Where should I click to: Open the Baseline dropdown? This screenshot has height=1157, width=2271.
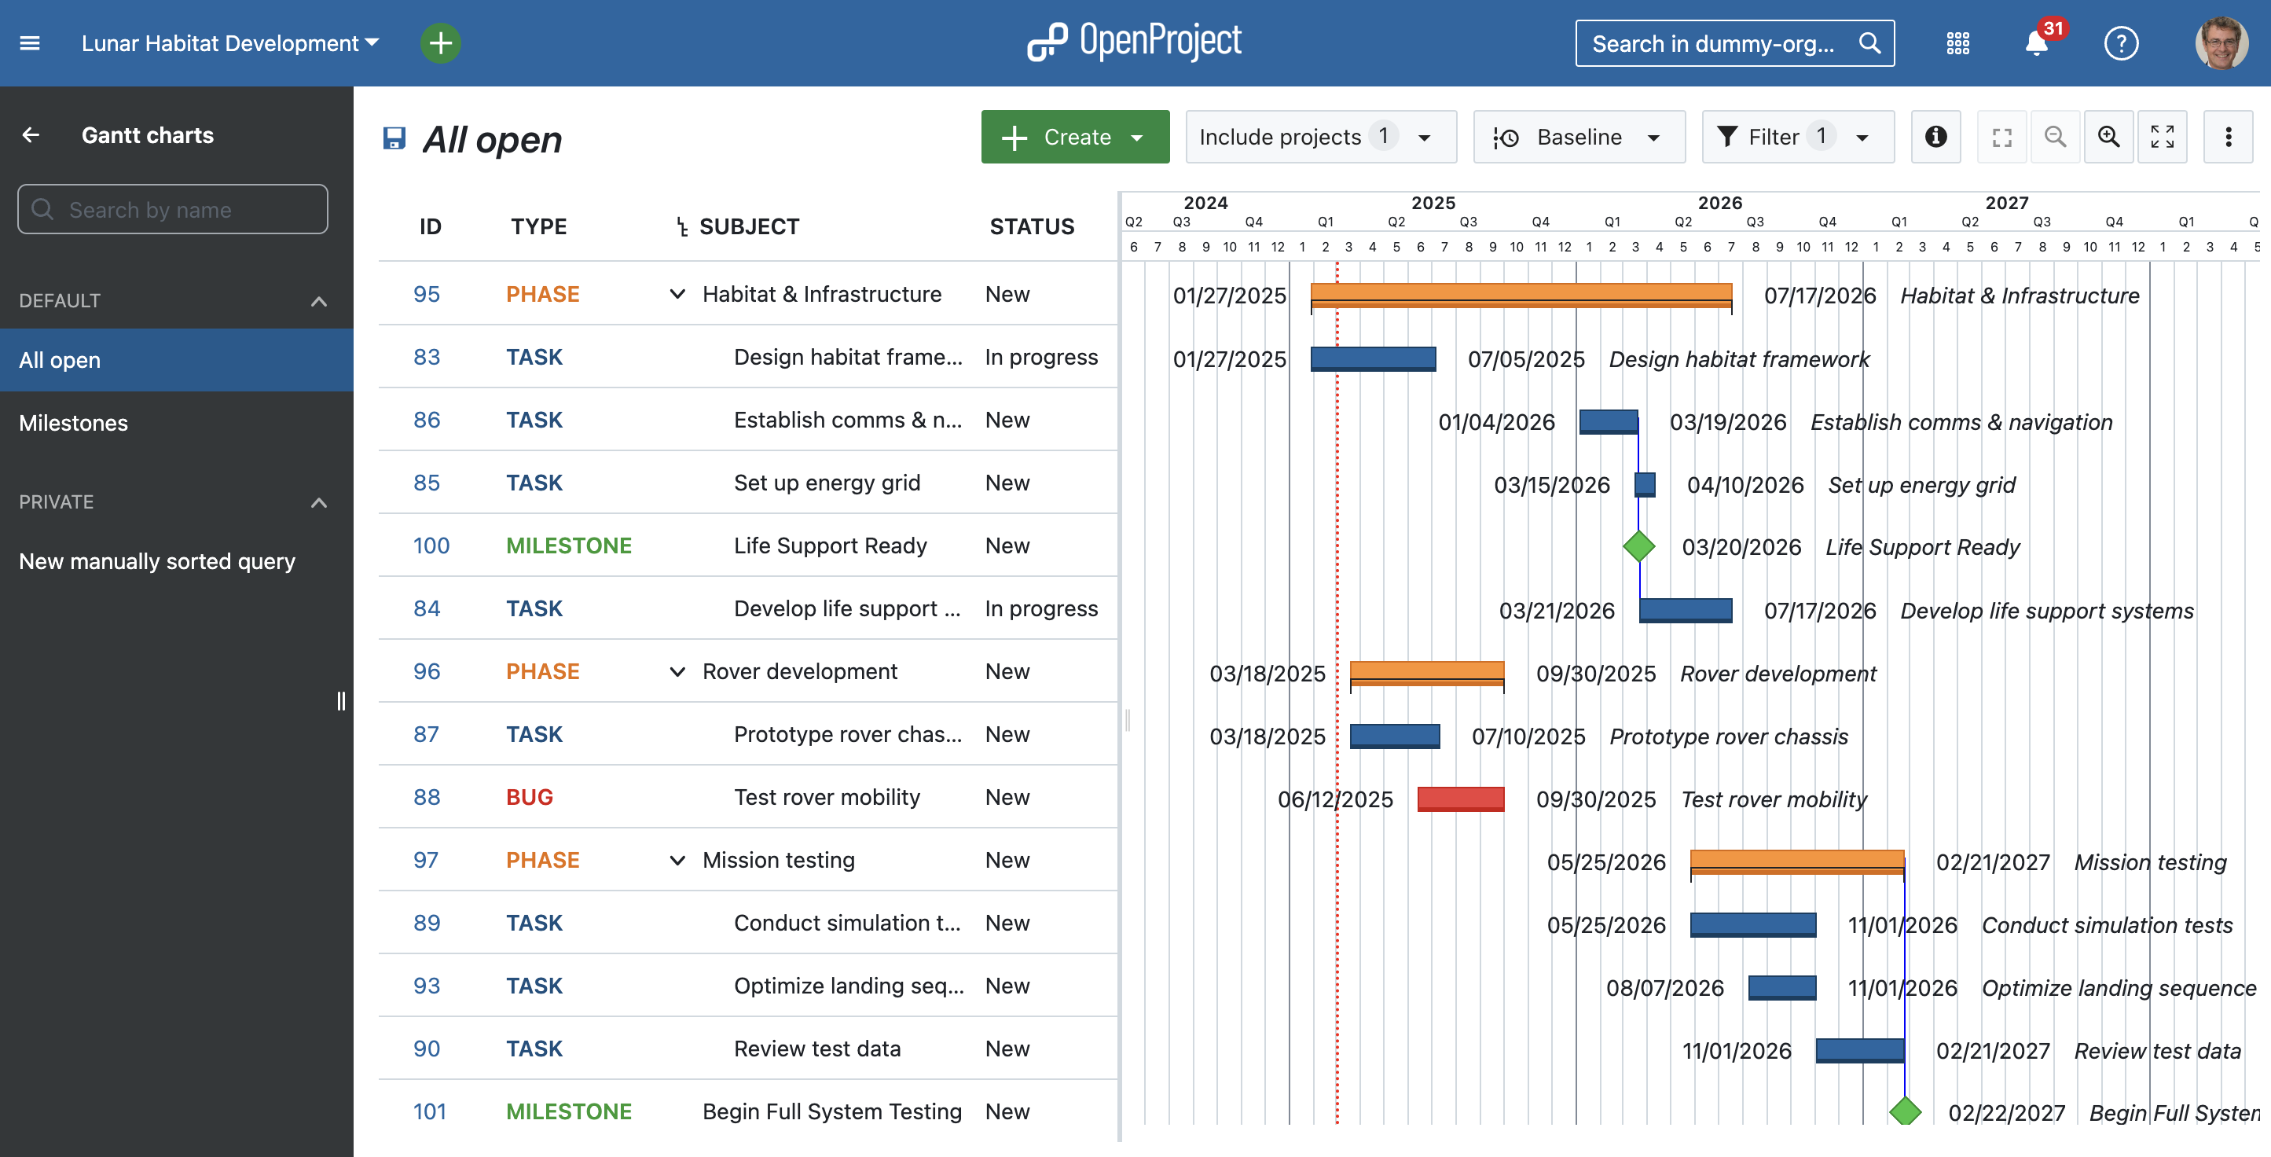pyautogui.click(x=1578, y=137)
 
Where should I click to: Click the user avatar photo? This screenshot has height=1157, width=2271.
pyautogui.click(x=2221, y=43)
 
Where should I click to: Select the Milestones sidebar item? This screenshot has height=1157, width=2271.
pyautogui.click(x=73, y=424)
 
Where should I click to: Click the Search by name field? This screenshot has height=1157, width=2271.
pyautogui.click(x=173, y=210)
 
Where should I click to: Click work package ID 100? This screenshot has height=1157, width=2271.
pyautogui.click(x=431, y=545)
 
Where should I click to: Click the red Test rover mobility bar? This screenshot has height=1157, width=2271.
pyautogui.click(x=1460, y=799)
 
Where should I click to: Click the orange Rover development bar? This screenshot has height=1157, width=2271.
pyautogui.click(x=1426, y=673)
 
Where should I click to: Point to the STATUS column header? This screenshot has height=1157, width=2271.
pyautogui.click(x=1032, y=226)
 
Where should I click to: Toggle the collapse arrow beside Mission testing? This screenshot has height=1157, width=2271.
pyautogui.click(x=677, y=861)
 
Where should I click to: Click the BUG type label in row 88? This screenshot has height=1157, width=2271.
pyautogui.click(x=529, y=797)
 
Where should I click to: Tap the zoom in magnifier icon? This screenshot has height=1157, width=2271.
pyautogui.click(x=2108, y=137)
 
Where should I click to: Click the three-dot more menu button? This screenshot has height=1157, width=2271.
pyautogui.click(x=2228, y=137)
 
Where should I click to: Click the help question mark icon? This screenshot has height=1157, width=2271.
pyautogui.click(x=2120, y=43)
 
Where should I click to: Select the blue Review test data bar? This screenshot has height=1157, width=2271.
pyautogui.click(x=1859, y=1050)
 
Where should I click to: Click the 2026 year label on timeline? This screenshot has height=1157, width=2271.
pyautogui.click(x=1719, y=203)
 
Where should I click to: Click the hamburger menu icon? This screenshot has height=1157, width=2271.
pyautogui.click(x=30, y=43)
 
